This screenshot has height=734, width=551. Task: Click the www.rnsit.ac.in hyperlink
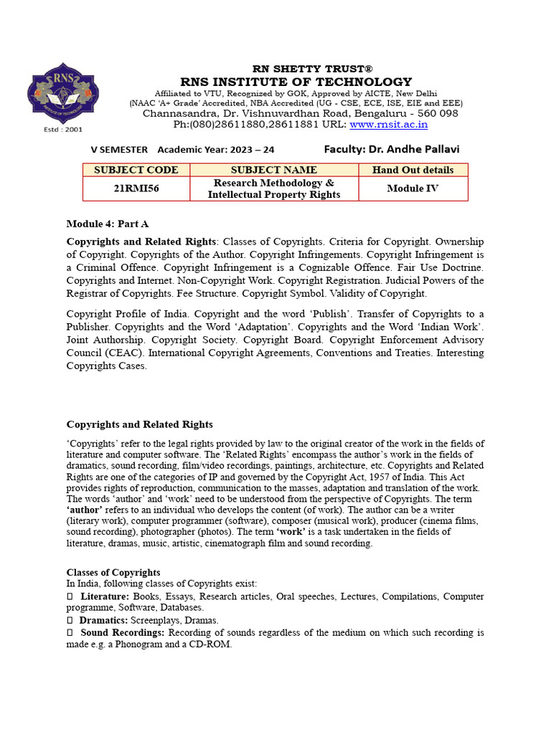(388, 124)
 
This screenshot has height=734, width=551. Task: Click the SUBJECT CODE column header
(136, 170)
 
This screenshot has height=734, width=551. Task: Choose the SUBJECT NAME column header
(273, 170)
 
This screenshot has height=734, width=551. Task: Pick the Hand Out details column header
(413, 170)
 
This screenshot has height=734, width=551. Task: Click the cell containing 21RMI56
(136, 189)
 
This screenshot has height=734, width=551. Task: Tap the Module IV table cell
(413, 189)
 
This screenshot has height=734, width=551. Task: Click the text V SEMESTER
(118, 150)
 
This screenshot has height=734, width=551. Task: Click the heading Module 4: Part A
(108, 224)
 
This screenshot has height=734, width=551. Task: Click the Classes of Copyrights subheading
(113, 573)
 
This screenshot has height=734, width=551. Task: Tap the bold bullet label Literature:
(105, 596)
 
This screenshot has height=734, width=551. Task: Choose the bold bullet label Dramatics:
(103, 620)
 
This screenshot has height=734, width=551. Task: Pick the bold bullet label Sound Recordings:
(122, 633)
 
